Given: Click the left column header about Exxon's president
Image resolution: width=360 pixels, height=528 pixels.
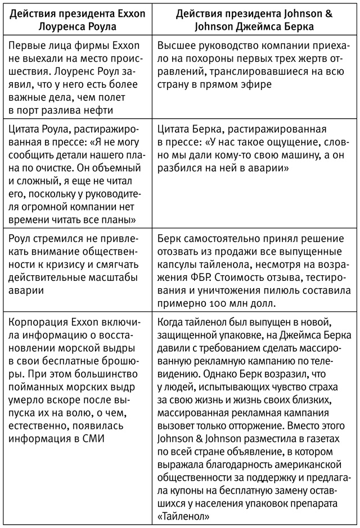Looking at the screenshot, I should click(75, 20).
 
